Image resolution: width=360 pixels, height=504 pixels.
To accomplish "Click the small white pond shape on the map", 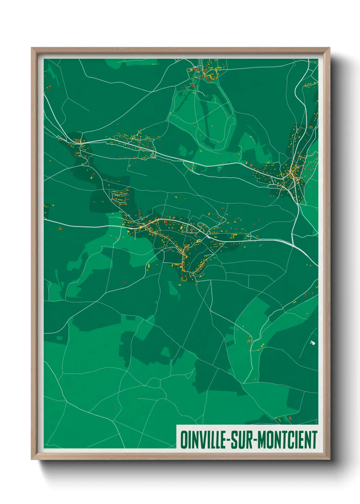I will pos(312,343).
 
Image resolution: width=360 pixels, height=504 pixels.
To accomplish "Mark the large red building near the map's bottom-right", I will pos(290,418).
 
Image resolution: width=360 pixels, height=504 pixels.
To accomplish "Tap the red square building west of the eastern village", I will pos(251,165).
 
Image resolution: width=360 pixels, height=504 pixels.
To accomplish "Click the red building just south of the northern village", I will pos(193,85).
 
